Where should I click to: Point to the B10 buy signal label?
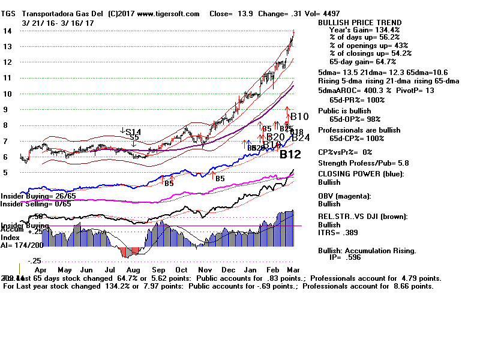(x=298, y=116)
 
